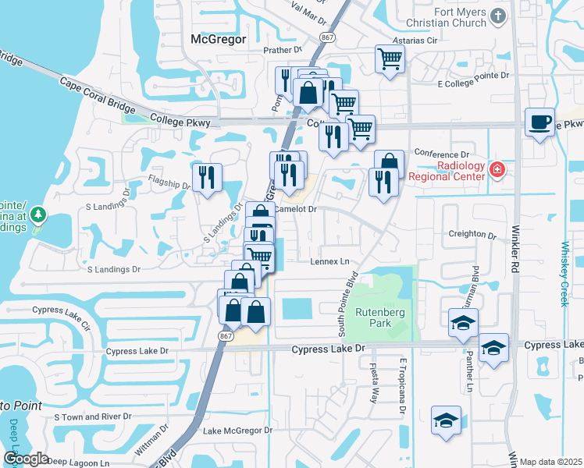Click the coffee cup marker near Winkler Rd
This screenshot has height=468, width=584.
(x=539, y=123)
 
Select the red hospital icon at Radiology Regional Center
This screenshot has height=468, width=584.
(x=496, y=169)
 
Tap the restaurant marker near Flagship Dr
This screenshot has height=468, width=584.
(x=207, y=178)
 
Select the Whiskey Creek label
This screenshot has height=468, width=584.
(x=565, y=273)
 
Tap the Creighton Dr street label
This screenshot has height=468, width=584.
(x=472, y=234)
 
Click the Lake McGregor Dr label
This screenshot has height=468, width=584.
(x=237, y=430)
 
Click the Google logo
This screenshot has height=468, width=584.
(x=26, y=459)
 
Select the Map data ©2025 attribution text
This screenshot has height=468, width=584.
(x=550, y=462)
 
